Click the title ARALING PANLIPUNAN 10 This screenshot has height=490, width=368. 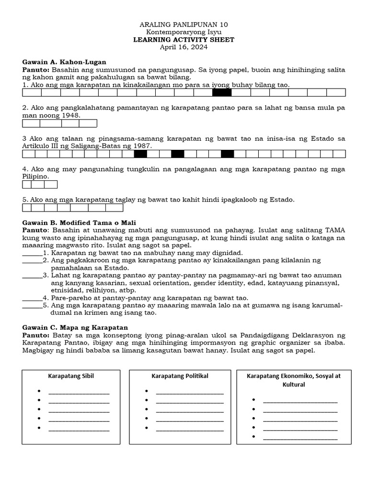[x=184, y=24]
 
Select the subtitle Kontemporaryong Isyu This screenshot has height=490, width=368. [x=184, y=32]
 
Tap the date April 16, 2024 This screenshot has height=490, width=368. [x=184, y=47]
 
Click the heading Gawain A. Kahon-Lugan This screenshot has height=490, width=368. [x=64, y=62]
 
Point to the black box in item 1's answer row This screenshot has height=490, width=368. [x=222, y=92]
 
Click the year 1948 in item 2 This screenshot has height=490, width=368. [x=71, y=115]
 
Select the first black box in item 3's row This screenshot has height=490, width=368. [x=140, y=154]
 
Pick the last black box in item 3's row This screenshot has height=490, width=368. [x=228, y=154]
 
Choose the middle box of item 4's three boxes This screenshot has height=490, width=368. [x=40, y=184]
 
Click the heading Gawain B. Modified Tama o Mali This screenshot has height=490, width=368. [x=79, y=223]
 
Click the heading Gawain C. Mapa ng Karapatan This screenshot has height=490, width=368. [x=75, y=328]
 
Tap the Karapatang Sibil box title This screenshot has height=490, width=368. [x=71, y=376]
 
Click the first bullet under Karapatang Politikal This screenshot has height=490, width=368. [x=146, y=391]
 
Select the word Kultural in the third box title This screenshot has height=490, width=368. [x=294, y=384]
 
